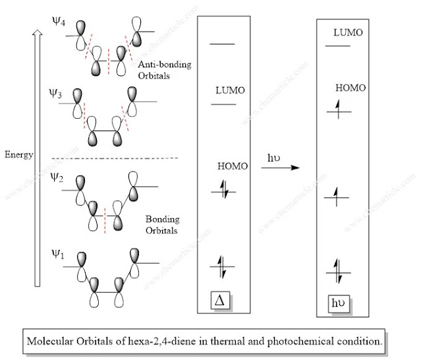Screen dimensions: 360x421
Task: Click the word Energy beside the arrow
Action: [x=18, y=154]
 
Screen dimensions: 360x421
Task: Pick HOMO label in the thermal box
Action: [x=233, y=166]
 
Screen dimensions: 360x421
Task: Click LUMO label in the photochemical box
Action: [x=349, y=32]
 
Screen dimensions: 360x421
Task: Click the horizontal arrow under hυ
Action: [x=279, y=168]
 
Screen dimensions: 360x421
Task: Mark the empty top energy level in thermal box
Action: [x=222, y=44]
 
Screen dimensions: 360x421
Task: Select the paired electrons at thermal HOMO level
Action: [x=222, y=192]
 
